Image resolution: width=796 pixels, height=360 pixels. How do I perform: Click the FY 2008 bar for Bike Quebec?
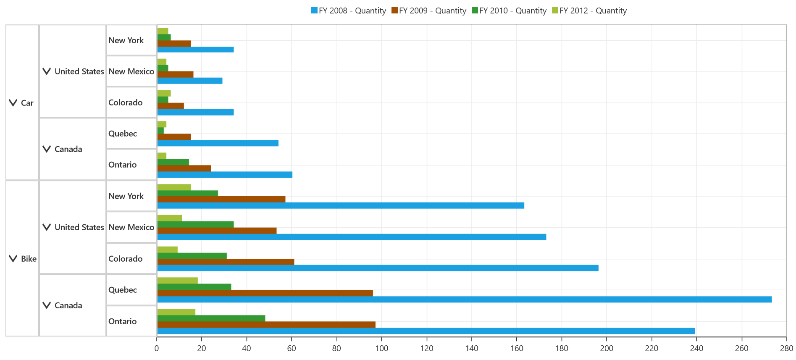(464, 300)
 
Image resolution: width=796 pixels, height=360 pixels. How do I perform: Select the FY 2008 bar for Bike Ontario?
(426, 331)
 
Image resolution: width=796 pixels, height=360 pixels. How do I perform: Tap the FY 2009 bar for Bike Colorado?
(226, 262)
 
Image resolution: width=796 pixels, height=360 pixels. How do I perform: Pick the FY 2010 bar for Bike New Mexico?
(195, 224)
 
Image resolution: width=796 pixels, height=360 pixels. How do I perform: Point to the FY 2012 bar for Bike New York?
(174, 187)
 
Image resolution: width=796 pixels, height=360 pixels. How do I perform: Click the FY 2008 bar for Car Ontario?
(225, 175)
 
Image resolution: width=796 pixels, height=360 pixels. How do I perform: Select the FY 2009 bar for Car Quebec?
(174, 137)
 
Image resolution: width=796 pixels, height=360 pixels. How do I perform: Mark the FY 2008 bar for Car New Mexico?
(190, 81)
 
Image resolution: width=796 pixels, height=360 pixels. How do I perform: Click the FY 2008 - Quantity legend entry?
(349, 11)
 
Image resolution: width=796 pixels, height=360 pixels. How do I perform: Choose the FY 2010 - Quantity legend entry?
(509, 11)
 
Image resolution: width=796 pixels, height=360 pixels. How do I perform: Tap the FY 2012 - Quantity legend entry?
(589, 11)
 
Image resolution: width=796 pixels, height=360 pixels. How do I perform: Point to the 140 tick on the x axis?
(472, 339)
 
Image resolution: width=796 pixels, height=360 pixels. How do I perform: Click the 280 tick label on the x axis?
(786, 348)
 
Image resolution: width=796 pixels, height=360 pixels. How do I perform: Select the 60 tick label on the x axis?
(292, 348)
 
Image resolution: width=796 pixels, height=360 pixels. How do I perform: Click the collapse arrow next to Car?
(13, 103)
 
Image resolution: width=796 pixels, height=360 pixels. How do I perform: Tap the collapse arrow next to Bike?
(13, 259)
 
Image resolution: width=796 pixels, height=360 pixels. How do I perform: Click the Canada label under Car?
(68, 149)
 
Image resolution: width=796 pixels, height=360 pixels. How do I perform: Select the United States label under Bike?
(79, 227)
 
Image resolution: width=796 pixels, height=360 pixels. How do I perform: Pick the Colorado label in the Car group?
(126, 102)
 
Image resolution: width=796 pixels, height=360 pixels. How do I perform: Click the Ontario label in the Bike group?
(123, 321)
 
